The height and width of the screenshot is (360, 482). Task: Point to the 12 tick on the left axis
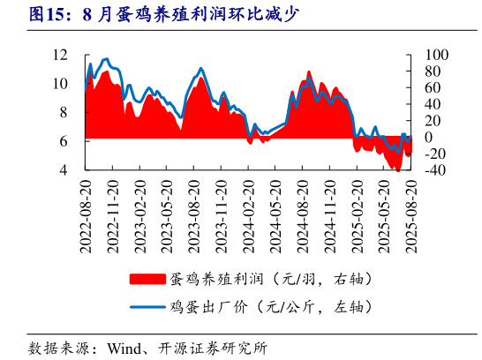click(x=60, y=55)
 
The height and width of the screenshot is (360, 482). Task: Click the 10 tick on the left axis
click(x=60, y=84)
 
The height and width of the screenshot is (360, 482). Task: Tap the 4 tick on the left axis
click(x=64, y=169)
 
